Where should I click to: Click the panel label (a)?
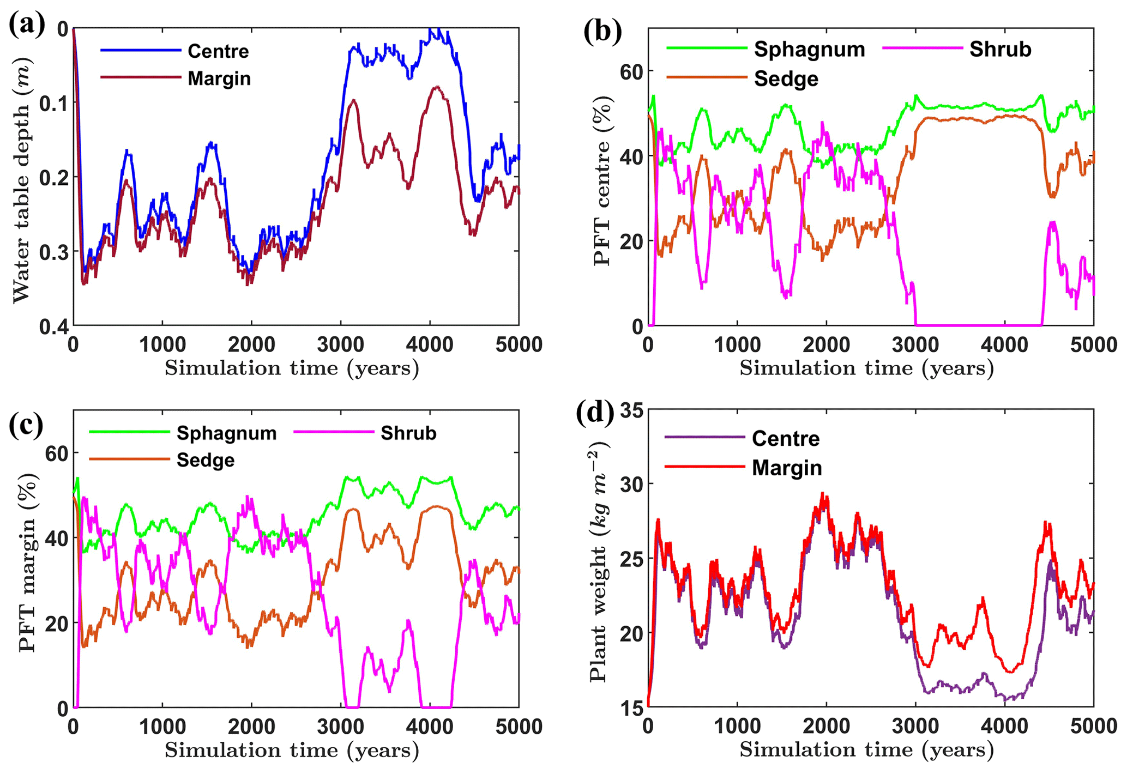coord(26,26)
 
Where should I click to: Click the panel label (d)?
coord(596,413)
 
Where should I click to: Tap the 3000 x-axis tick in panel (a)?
coord(340,345)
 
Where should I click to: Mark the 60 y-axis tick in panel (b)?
coord(631,71)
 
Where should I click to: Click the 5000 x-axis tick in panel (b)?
coord(1093,345)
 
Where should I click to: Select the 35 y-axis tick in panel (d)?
coord(631,410)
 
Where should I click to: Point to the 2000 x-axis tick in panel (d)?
coord(826,727)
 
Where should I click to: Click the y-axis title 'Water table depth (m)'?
coord(21,179)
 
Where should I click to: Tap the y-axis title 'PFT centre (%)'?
coord(601,180)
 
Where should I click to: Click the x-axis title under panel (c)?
coord(292,751)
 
